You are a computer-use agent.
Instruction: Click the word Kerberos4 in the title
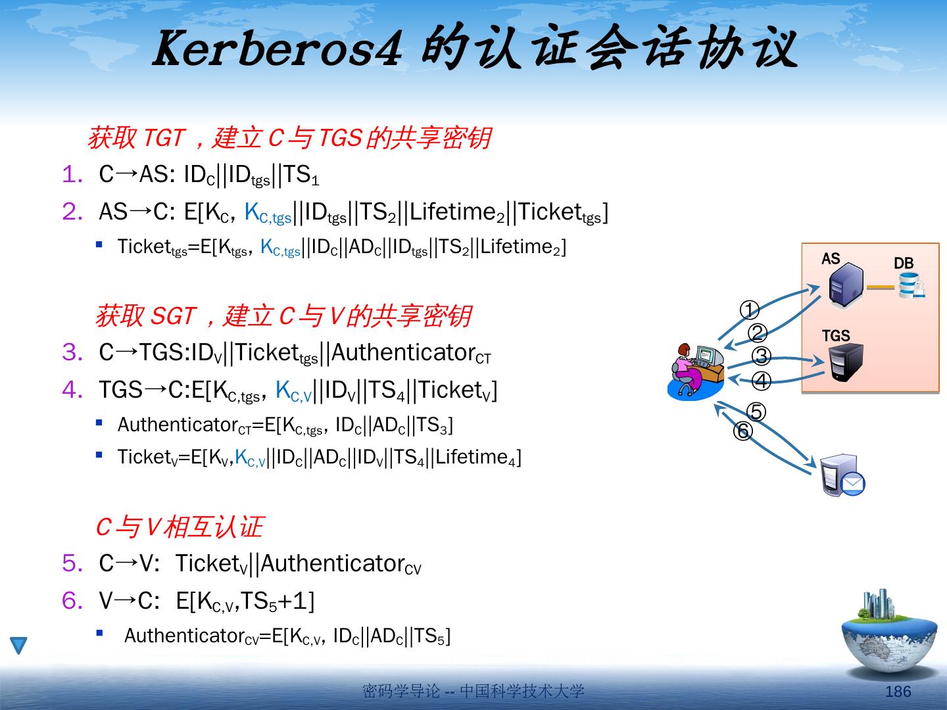[276, 49]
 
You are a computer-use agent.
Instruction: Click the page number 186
[898, 691]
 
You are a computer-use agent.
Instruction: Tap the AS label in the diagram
[831, 258]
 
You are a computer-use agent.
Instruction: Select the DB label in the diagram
[904, 263]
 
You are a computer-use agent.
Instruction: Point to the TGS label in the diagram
[836, 335]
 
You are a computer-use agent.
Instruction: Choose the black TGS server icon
[846, 362]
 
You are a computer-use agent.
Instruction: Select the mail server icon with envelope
[842, 475]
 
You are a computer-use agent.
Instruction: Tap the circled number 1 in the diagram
[750, 310]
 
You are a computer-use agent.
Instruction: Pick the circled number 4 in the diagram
[761, 381]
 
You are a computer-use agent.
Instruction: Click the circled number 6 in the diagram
[742, 431]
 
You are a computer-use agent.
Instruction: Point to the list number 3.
[72, 352]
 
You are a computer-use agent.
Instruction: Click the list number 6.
[72, 600]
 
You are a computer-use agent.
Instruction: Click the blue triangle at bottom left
[19, 646]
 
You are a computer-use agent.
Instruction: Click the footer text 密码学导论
[401, 691]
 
